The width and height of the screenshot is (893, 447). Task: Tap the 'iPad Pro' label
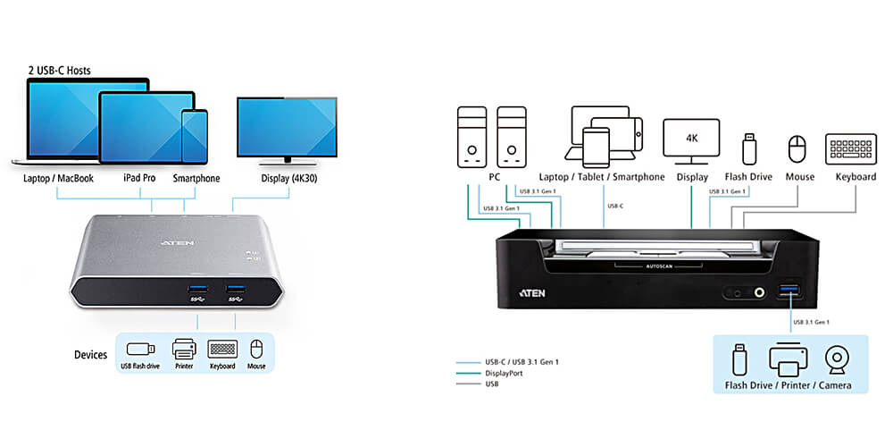tap(139, 179)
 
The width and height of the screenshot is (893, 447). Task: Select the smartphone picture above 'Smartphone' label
tap(194, 136)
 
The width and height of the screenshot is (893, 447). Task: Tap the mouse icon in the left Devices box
tap(257, 348)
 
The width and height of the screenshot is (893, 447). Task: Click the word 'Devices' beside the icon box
tap(91, 355)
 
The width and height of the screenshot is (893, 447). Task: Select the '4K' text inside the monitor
tap(691, 139)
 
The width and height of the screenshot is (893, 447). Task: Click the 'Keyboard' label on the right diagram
tap(855, 177)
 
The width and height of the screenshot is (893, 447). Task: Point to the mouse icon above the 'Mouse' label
tap(799, 148)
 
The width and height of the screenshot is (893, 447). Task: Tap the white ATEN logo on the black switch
tap(533, 292)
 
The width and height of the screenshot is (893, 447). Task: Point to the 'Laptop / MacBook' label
tap(59, 179)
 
